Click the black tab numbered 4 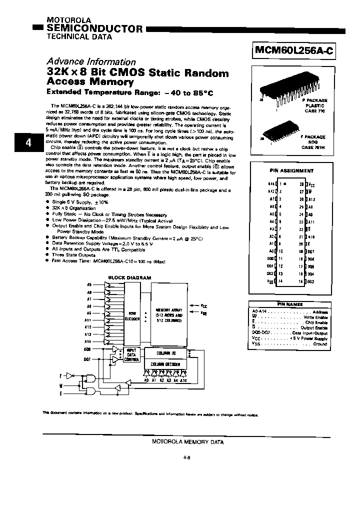click(x=28, y=143)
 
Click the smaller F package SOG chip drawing click(x=280, y=135)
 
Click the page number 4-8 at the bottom click(x=187, y=456)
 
